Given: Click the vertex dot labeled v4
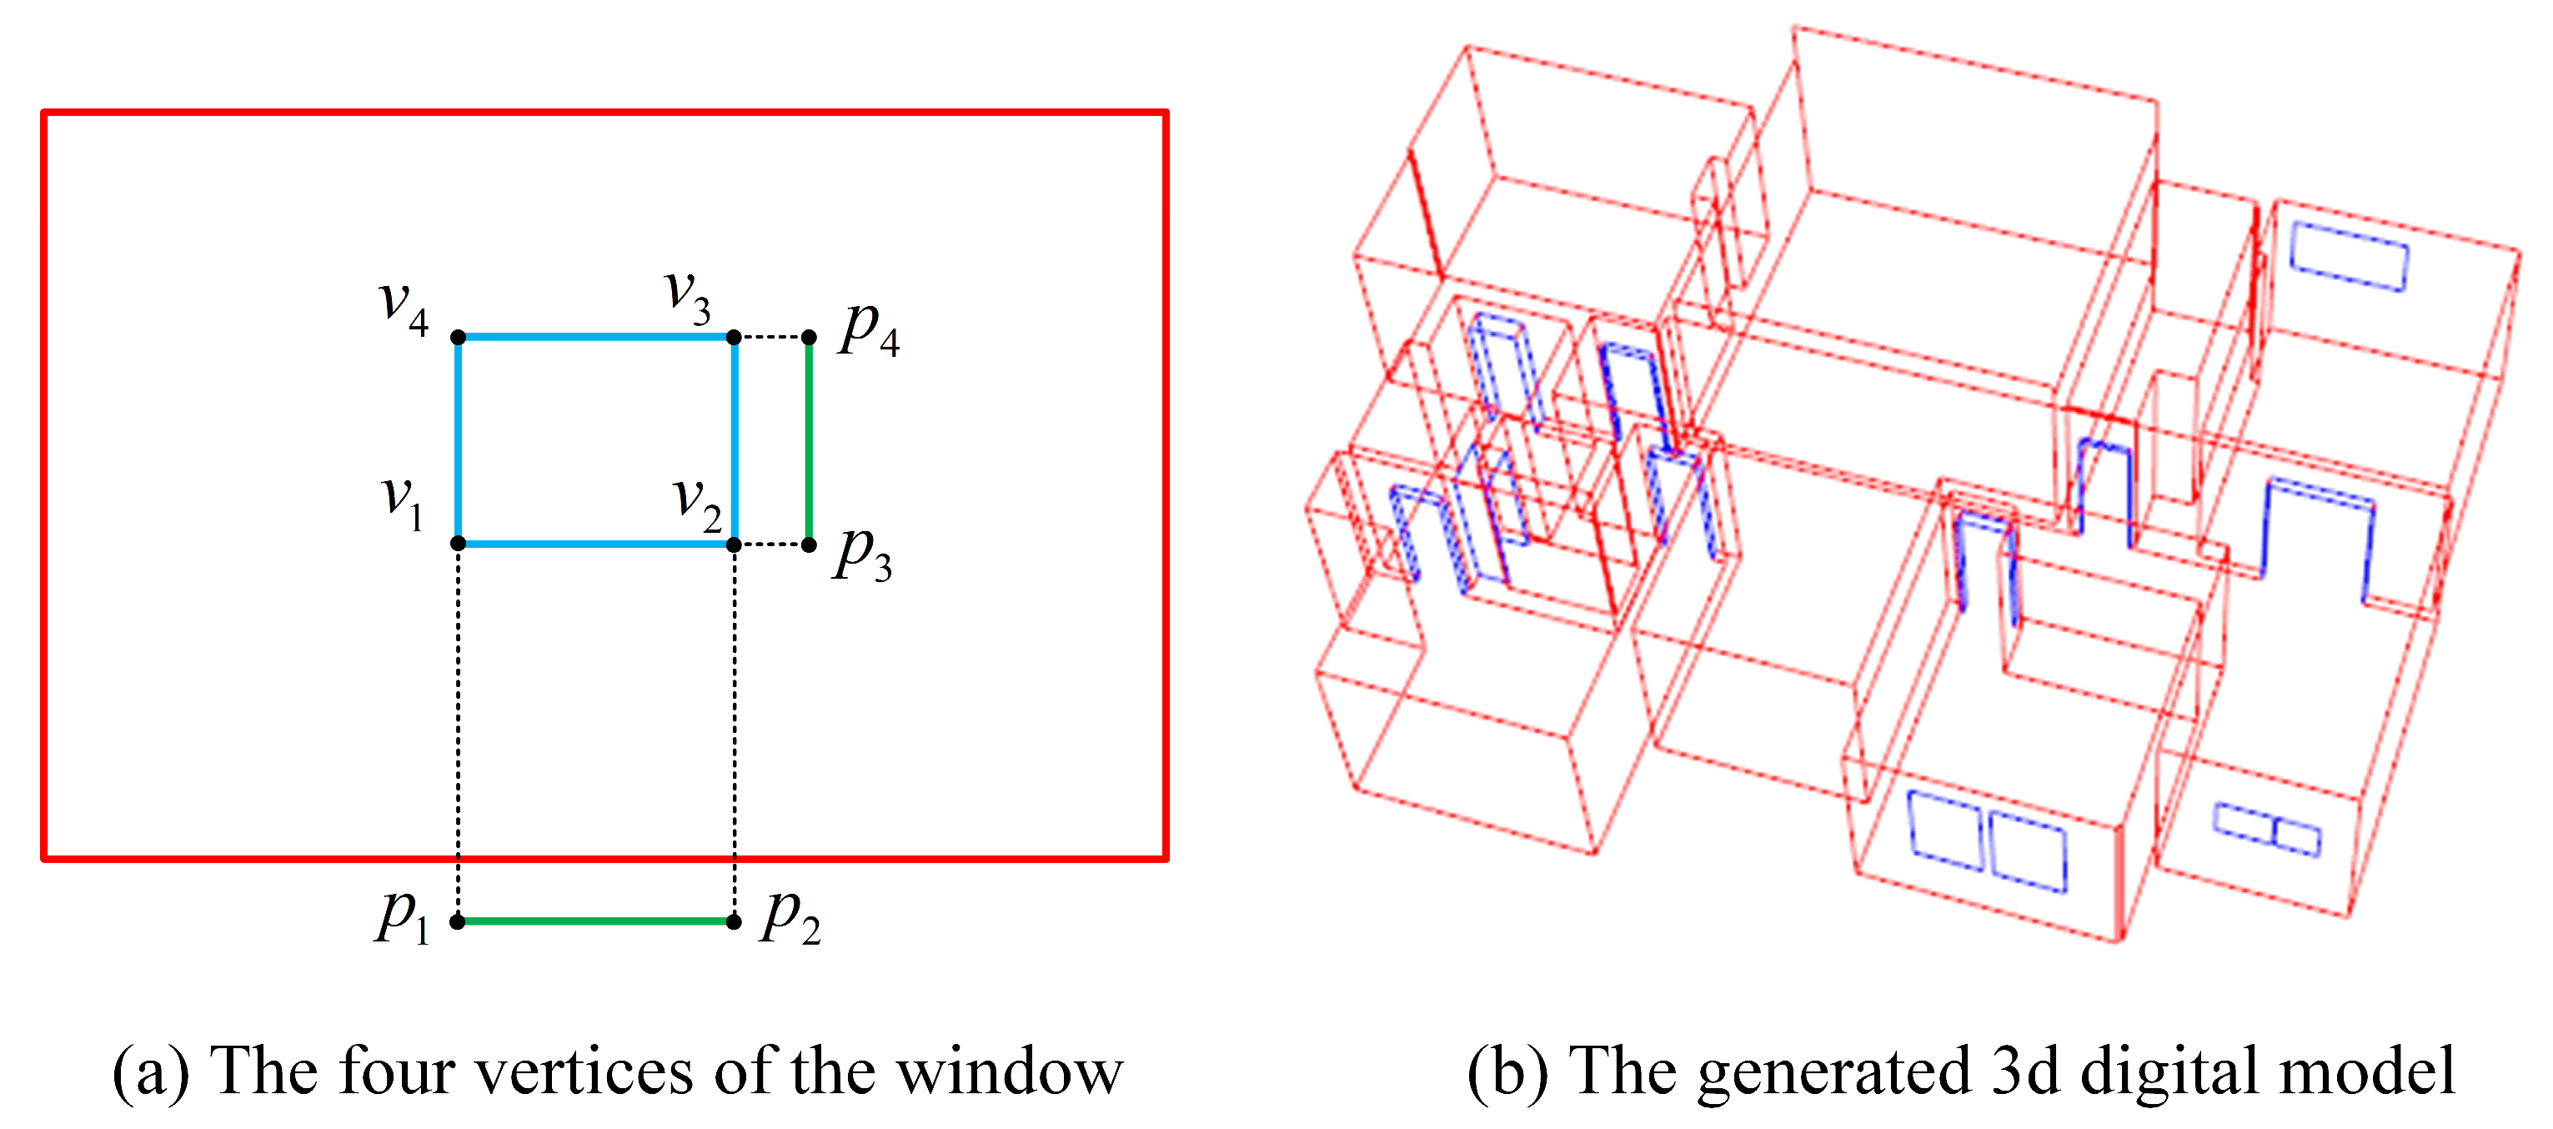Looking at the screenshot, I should click(x=458, y=337).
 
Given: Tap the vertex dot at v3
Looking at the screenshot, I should click(x=734, y=337).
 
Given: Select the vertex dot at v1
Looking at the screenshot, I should click(x=458, y=543).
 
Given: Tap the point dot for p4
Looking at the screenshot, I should click(x=809, y=337).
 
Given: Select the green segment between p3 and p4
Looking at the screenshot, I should click(x=809, y=441).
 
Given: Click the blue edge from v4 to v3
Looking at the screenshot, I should click(x=594, y=337).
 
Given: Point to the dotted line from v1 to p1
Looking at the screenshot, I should click(x=458, y=734).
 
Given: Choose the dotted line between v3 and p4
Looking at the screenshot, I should click(x=771, y=337).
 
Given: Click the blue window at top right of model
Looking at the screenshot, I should click(x=2349, y=257).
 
